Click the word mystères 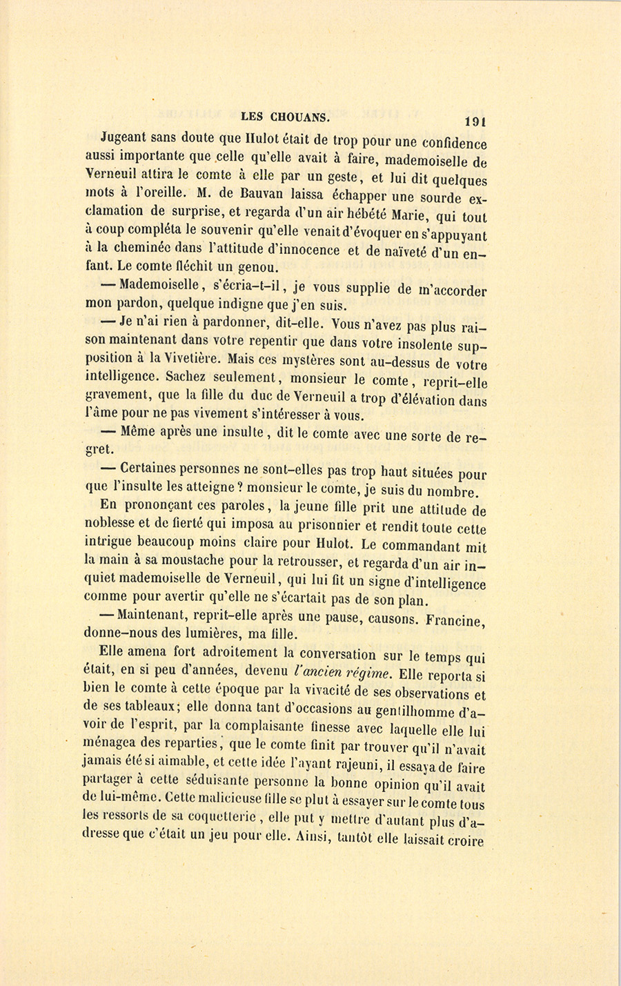tap(303, 359)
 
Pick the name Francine tap(455, 620)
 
